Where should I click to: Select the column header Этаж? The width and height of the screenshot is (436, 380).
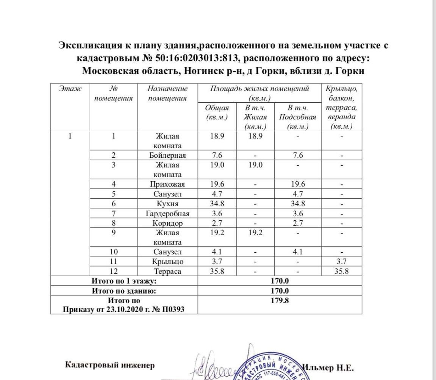coord(70,89)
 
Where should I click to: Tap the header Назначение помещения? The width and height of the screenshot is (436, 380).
coord(167,93)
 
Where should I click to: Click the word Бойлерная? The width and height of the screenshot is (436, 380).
coord(167,155)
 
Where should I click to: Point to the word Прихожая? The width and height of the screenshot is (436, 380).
coord(167,184)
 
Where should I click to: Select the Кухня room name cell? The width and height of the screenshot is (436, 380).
coord(167,204)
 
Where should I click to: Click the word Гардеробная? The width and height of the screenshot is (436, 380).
coord(167,214)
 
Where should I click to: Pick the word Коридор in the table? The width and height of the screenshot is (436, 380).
coord(167,223)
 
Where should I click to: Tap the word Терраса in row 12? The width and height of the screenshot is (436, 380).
coord(167,271)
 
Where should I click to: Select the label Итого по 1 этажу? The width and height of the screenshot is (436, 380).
coord(124,281)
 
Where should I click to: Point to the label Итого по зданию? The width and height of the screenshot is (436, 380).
coord(124,291)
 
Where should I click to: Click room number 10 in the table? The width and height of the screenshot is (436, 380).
coord(114,252)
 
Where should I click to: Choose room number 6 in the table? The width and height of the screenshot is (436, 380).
coord(114,204)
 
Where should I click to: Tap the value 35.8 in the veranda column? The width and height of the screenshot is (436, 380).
coord(341,271)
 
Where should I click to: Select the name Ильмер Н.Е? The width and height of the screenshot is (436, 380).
coord(328,367)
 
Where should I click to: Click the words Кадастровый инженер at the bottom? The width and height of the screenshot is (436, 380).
coord(110,365)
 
